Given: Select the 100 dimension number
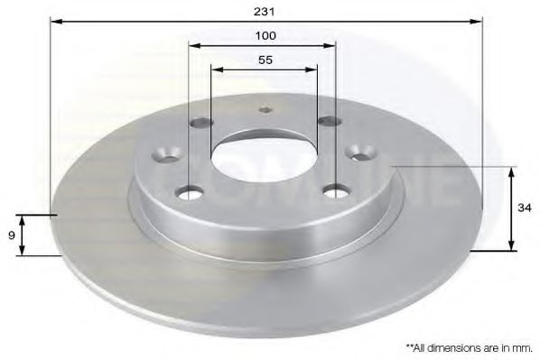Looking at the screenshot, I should tap(265, 35).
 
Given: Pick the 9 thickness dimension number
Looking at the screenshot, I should tap(10, 235).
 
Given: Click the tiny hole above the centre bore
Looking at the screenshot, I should tap(265, 111).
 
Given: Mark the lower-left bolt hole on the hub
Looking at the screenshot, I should tap(190, 191).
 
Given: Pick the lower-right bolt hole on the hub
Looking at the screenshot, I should tap(336, 190).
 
